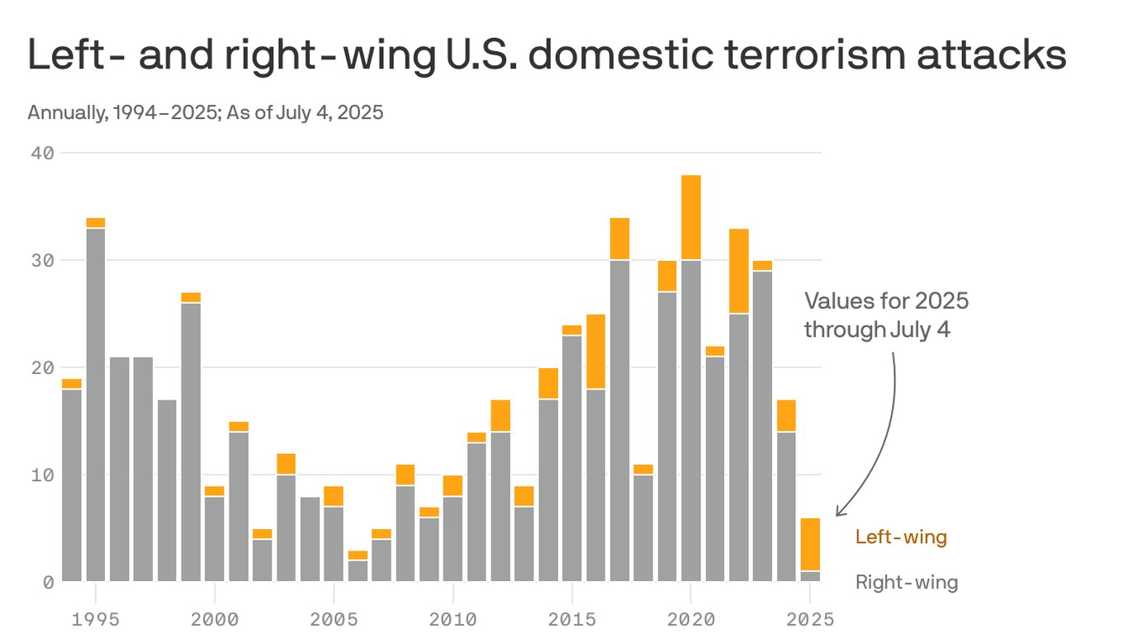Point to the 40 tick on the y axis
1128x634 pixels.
[x=43, y=153]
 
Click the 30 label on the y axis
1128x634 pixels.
[x=43, y=260]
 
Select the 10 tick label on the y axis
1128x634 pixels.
[x=43, y=475]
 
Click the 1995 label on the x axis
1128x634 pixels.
[x=95, y=618]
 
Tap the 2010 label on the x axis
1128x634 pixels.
[x=453, y=618]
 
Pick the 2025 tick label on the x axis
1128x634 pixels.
[x=810, y=618]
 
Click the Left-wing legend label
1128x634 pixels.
[x=901, y=537]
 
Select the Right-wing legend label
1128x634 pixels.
[x=907, y=583]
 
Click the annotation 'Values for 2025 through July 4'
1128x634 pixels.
[x=886, y=315]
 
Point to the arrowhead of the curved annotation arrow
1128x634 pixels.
[x=838, y=513]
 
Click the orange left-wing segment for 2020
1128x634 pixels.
[x=691, y=217]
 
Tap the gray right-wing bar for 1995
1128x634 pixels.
[x=96, y=405]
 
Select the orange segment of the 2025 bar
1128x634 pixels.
[x=810, y=544]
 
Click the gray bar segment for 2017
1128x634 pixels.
[x=619, y=421]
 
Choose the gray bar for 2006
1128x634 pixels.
[x=358, y=571]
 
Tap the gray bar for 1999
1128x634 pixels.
[x=191, y=442]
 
